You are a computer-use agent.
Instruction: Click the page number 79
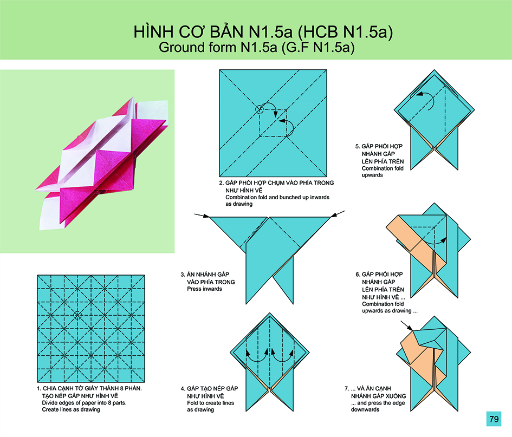click(494, 419)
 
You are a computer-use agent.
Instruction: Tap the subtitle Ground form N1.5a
click(218, 47)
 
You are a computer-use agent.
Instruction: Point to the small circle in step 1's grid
click(77, 315)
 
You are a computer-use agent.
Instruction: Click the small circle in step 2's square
click(260, 109)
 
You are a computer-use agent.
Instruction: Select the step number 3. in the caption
click(183, 275)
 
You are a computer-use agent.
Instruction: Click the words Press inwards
click(204, 289)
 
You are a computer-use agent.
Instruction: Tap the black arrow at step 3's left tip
click(202, 216)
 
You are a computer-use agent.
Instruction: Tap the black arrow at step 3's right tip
click(338, 214)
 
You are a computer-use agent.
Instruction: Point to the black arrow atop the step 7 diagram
click(407, 326)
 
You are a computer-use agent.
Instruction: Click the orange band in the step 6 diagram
click(414, 240)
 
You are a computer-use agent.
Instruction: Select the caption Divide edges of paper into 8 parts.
click(84, 403)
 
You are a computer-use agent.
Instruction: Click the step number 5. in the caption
click(358, 147)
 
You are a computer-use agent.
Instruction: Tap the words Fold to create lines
click(210, 403)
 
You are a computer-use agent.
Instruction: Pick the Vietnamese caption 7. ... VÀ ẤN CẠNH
click(368, 388)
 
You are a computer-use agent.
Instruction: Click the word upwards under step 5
click(372, 175)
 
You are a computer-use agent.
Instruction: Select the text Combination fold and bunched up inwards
click(277, 197)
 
